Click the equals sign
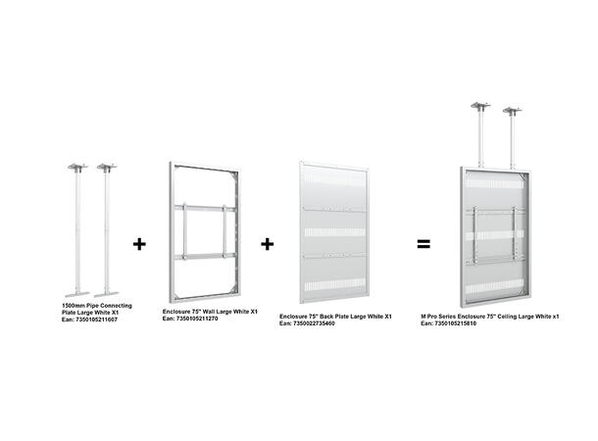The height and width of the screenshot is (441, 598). point(424,243)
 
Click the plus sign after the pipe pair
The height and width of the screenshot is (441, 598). point(139,243)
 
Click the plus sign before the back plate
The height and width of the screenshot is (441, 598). point(268,243)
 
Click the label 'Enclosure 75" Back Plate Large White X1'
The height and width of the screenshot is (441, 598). point(335,317)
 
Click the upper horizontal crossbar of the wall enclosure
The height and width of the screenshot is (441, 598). point(205,207)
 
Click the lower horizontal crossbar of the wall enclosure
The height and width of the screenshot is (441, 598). point(205,256)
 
